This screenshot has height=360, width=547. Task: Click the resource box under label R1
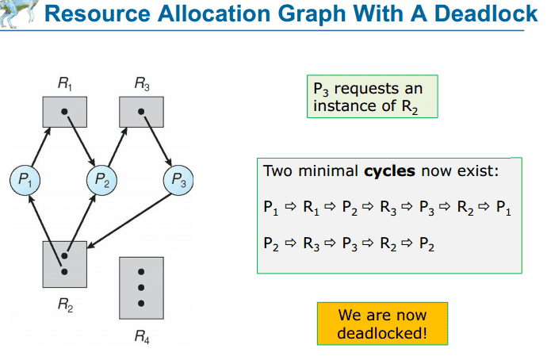click(64, 111)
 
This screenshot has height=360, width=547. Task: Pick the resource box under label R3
click(141, 111)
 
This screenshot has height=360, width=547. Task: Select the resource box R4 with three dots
click(141, 286)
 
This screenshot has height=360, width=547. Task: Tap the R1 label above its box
click(64, 82)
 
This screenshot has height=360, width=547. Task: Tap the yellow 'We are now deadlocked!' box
click(382, 324)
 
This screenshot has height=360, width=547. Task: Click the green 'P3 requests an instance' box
click(372, 97)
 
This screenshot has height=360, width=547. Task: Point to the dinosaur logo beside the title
click(17, 10)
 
